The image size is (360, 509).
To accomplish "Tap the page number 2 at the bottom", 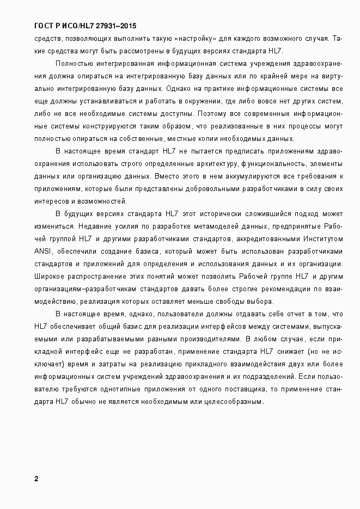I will coord(36,479).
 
